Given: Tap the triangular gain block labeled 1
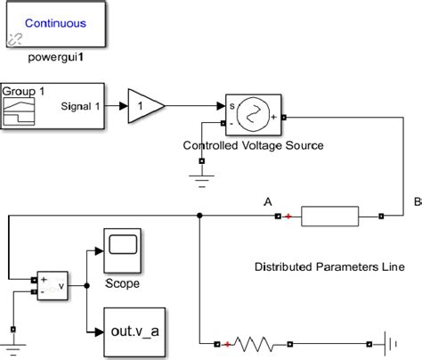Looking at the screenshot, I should pos(145,105).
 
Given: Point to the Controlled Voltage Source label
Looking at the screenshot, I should pos(253,145).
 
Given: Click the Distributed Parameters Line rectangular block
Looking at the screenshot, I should pos(329,217).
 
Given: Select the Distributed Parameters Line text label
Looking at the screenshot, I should pos(329,266).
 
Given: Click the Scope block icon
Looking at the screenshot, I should pos(122,250).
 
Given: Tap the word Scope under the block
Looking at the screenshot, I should pos(122,284).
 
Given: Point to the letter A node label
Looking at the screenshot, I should pos(268,201).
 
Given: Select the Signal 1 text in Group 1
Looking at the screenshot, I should pos(83,106).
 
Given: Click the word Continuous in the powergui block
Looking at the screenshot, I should pos(54,24).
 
